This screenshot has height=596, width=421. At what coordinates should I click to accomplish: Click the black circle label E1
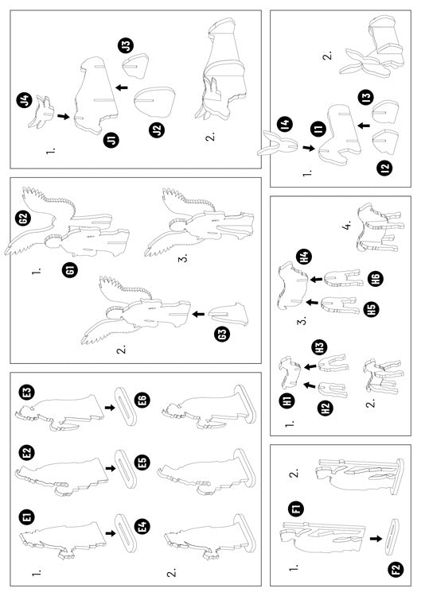(x=27, y=517)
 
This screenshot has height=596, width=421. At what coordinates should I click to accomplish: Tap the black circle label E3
(x=27, y=393)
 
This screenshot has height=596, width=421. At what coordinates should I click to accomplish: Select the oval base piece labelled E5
(x=126, y=469)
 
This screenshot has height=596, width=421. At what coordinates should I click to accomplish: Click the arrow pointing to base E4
(x=111, y=533)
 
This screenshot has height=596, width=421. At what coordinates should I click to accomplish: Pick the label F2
(x=396, y=570)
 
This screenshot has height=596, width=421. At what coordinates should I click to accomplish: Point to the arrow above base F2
(x=376, y=539)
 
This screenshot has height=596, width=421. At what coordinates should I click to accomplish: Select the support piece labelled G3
(x=228, y=314)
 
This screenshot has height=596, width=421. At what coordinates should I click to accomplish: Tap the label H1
(x=290, y=400)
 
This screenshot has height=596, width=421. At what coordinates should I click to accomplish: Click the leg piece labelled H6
(x=342, y=279)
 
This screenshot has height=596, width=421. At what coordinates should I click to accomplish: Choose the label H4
(x=304, y=257)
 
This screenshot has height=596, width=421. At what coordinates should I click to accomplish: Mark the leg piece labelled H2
(x=332, y=389)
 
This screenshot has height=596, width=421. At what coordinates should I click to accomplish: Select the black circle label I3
(x=366, y=97)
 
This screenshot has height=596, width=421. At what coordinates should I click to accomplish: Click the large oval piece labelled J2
(x=155, y=101)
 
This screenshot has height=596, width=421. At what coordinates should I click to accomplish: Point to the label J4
(x=25, y=101)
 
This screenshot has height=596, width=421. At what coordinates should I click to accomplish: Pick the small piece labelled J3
(x=135, y=66)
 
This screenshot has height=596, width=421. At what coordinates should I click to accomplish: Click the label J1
(x=111, y=140)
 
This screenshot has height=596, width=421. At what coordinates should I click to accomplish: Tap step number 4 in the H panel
(x=347, y=226)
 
